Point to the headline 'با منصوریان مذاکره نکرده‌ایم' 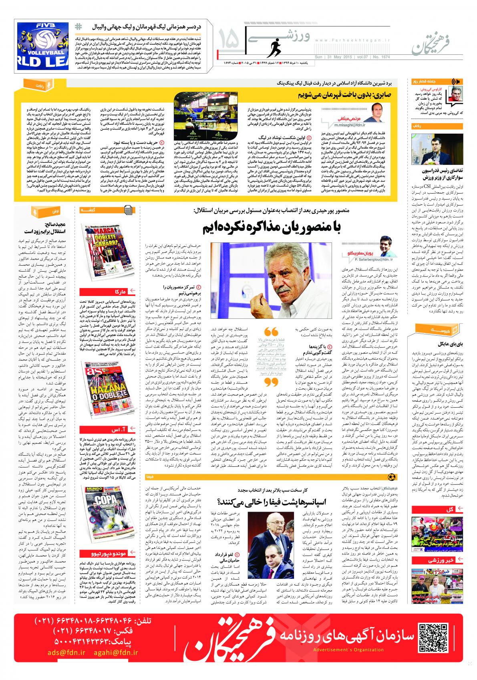pos(270,227)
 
